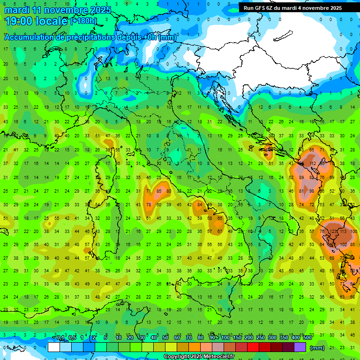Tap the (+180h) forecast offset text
83,21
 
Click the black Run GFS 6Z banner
292,8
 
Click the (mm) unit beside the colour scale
317,348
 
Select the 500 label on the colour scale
307,338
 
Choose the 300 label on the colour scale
272,338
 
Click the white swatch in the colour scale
54,347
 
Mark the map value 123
334,231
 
